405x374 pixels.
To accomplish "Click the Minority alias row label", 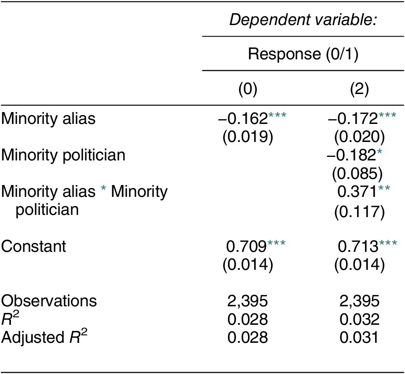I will click(x=48, y=119).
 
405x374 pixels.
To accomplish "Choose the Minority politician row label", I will click(x=63, y=155).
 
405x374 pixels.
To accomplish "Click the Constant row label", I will click(x=33, y=246).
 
